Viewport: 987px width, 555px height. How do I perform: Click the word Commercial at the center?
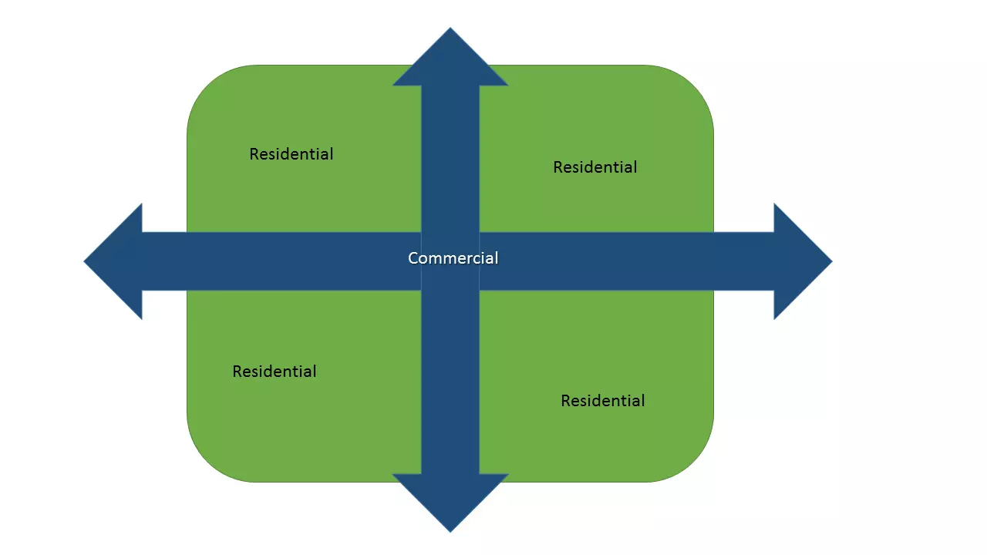[x=453, y=258]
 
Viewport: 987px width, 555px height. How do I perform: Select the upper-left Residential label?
[x=291, y=154]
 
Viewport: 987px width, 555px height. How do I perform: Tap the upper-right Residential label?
[x=595, y=167]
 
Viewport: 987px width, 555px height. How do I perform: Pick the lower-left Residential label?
[x=275, y=372]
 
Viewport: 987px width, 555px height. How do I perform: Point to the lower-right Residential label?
[x=603, y=401]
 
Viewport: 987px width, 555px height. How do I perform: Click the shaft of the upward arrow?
[x=450, y=154]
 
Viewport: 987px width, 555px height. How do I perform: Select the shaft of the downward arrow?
[x=450, y=385]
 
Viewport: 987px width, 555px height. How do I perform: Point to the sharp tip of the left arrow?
[x=86, y=261]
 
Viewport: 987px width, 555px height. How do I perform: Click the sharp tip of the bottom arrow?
[x=450, y=530]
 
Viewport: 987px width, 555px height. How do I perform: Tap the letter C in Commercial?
[x=413, y=258]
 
